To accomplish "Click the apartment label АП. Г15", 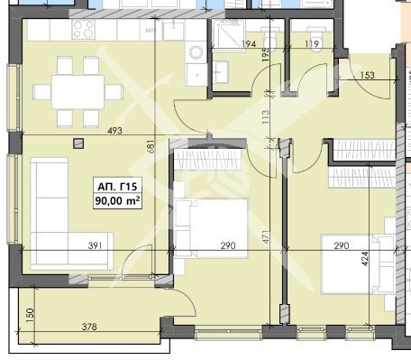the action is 117,187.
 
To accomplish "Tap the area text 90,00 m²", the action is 117,200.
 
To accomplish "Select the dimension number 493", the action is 114,131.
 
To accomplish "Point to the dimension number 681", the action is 151,146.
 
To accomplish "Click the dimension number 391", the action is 95,245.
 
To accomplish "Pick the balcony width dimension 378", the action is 89,327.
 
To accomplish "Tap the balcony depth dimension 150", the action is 31,315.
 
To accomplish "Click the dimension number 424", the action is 364,259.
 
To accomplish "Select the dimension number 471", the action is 266,237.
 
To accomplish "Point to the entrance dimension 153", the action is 367,75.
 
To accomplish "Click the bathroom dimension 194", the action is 249,44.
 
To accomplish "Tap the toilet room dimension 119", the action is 312,44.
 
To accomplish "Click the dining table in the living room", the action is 78,92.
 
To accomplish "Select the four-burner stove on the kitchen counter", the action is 84,30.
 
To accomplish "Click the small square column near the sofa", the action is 78,143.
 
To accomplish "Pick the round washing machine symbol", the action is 196,52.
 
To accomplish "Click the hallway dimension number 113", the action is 266,117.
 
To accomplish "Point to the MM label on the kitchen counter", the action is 151,31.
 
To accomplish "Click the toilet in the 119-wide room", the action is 315,42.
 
